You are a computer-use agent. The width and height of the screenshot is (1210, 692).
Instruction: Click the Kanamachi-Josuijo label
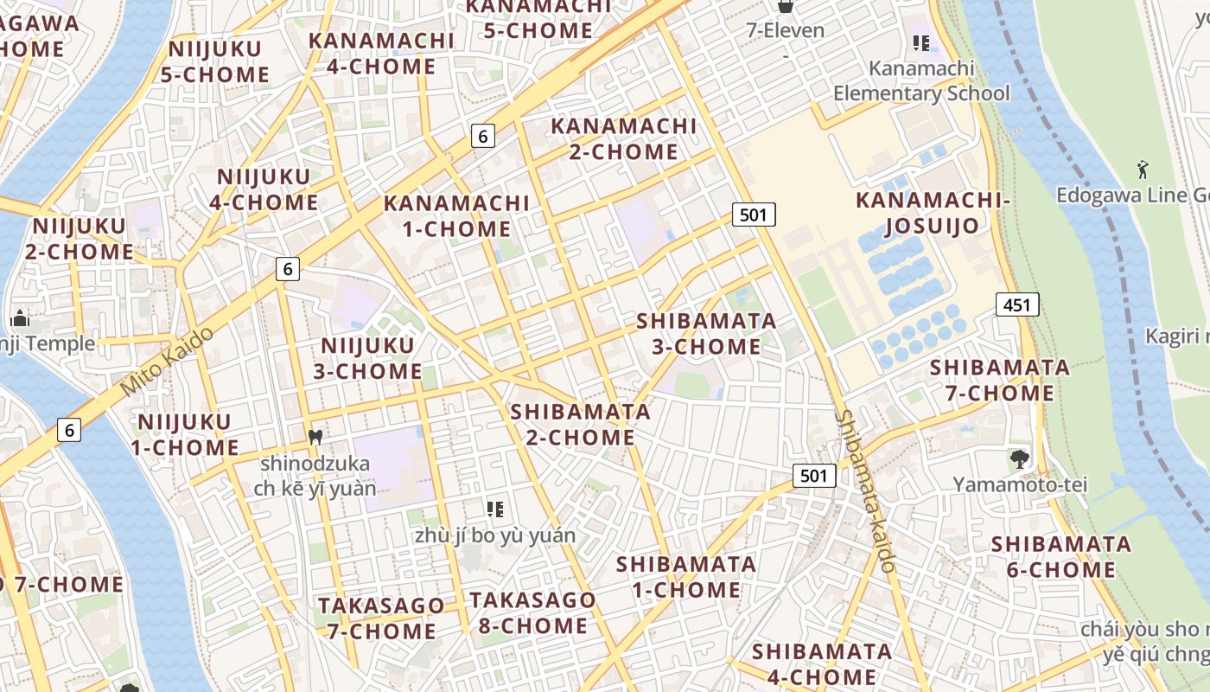[x=932, y=214]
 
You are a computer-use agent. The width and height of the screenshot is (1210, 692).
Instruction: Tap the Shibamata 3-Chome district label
[x=706, y=334]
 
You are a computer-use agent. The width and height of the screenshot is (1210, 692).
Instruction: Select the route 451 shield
[x=1017, y=304]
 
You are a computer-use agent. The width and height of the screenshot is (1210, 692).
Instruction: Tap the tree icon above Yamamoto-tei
[x=1020, y=459]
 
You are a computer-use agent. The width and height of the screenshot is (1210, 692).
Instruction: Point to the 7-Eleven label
[x=786, y=30]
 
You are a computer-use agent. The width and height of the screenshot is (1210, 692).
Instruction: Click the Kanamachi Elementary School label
[x=921, y=80]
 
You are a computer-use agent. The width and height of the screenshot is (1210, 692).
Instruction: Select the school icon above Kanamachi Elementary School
[x=921, y=42]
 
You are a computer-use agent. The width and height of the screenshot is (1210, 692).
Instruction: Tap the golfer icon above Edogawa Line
[x=1143, y=170]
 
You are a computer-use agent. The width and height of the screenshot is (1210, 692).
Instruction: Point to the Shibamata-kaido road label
[x=864, y=490]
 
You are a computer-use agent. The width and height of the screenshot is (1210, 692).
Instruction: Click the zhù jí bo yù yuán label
[x=494, y=535]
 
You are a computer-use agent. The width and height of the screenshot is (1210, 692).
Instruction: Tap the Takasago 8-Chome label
[x=532, y=612]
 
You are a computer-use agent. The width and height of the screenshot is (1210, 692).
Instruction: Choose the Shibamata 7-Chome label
[x=999, y=381]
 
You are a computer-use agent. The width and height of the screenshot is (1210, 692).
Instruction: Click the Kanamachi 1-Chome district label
[x=456, y=216]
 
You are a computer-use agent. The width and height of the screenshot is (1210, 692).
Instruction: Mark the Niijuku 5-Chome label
[x=215, y=61]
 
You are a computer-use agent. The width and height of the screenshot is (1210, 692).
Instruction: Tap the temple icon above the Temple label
[x=20, y=319]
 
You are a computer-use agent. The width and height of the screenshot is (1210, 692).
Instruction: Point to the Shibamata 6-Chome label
[x=1060, y=557]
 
